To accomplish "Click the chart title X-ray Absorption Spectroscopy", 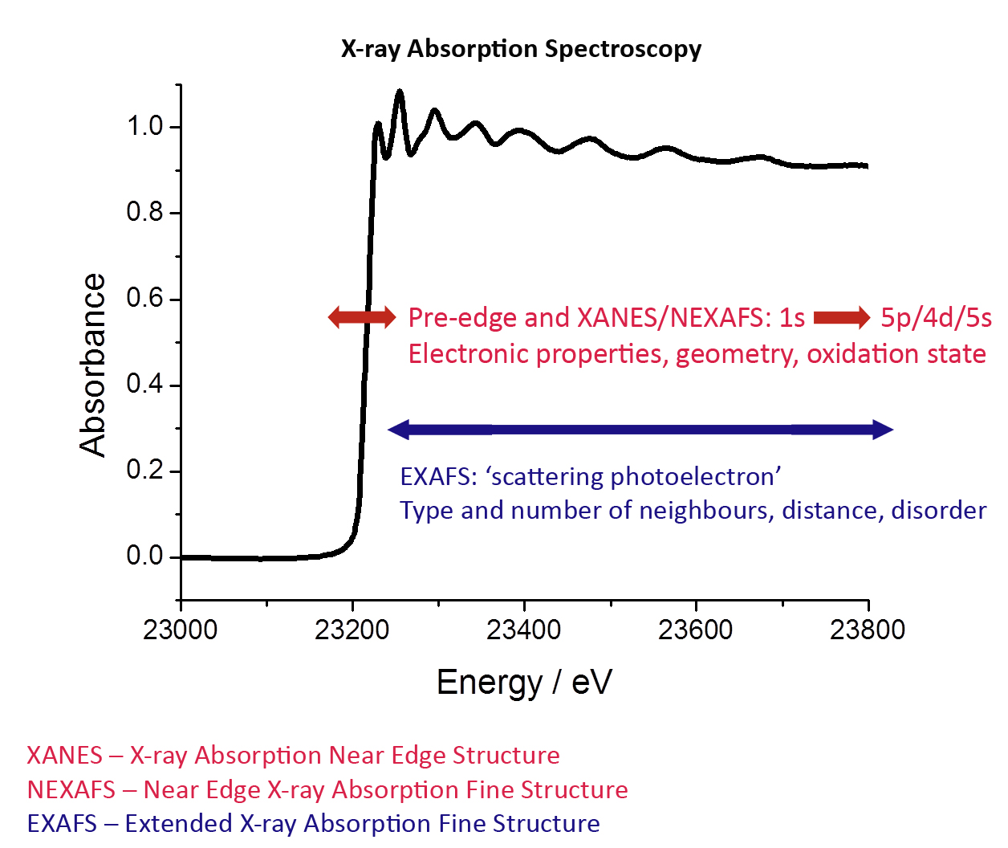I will click(x=521, y=49).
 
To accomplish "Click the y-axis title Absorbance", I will click(x=93, y=365).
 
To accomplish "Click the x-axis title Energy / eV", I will click(x=524, y=683).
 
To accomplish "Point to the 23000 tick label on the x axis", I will click(x=181, y=630).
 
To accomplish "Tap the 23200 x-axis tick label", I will click(x=352, y=630).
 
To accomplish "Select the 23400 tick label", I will click(x=524, y=630).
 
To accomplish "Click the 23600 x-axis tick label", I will click(x=696, y=630).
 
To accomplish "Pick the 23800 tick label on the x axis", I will click(x=868, y=630).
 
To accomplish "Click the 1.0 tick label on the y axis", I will click(x=144, y=126).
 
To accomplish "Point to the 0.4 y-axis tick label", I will click(x=144, y=384).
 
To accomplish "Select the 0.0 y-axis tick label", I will click(x=144, y=556).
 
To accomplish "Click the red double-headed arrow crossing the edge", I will click(x=362, y=317).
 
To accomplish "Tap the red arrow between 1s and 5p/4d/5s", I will click(x=842, y=317).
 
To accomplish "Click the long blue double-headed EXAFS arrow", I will click(x=640, y=430).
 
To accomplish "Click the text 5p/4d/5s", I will click(x=936, y=318).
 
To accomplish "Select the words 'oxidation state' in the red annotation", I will click(x=896, y=354).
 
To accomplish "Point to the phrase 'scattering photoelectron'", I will click(x=633, y=477).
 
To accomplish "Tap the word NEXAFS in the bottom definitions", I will click(x=71, y=790).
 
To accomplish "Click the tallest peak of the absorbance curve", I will click(x=399, y=92).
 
